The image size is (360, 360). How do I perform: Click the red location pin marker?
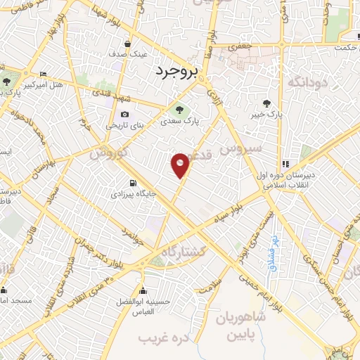click(x=181, y=164)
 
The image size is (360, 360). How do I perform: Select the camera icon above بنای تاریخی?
click(x=125, y=114)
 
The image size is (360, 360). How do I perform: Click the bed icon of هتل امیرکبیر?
click(x=44, y=75)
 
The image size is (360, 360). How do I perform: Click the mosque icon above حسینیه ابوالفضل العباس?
click(x=143, y=291)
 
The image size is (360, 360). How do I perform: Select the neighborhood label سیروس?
click(x=240, y=149)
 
